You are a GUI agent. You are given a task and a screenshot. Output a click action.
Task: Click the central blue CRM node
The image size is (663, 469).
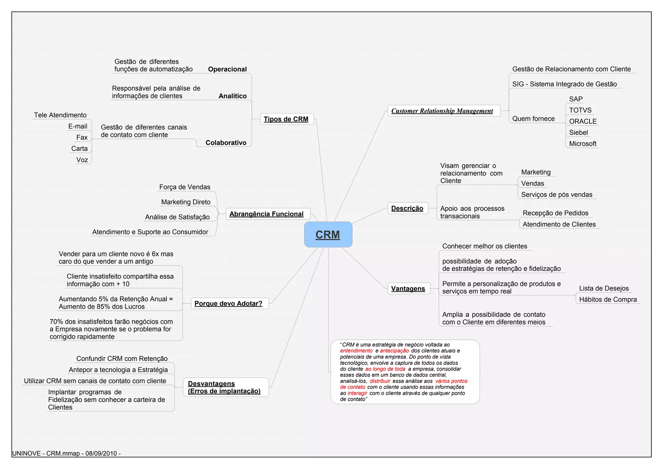pyautogui.click(x=328, y=234)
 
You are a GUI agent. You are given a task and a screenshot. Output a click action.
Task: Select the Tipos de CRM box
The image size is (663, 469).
pyautogui.click(x=287, y=119)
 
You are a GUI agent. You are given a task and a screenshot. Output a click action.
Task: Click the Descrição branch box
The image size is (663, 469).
pyautogui.click(x=407, y=208)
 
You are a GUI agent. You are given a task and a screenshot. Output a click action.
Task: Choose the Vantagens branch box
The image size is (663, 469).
pyautogui.click(x=408, y=289)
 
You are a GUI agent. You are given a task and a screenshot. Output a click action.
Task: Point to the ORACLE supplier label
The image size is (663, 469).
pyautogui.click(x=583, y=121)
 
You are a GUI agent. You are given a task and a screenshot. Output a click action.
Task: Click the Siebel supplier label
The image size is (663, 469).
pyautogui.click(x=579, y=132)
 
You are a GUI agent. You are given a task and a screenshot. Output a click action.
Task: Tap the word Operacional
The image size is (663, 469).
pyautogui.click(x=227, y=69)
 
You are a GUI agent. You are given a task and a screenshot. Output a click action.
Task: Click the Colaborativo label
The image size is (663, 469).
pyautogui.click(x=226, y=143)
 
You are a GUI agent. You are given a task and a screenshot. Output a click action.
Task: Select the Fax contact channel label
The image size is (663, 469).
pyautogui.click(x=82, y=137)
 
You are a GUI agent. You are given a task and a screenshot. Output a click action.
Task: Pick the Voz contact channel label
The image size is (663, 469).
pyautogui.click(x=82, y=160)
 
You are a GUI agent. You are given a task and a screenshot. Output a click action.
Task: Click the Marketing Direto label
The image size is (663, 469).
pyautogui.click(x=186, y=202)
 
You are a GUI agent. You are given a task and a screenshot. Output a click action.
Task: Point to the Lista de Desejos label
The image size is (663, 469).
pyautogui.click(x=604, y=288)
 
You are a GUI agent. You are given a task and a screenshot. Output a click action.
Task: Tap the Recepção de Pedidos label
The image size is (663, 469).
pyautogui.click(x=556, y=213)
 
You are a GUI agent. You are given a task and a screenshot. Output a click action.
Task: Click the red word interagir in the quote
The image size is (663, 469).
pyautogui.click(x=357, y=393)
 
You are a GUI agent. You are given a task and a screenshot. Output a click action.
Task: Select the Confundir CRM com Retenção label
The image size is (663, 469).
pyautogui.click(x=122, y=359)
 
